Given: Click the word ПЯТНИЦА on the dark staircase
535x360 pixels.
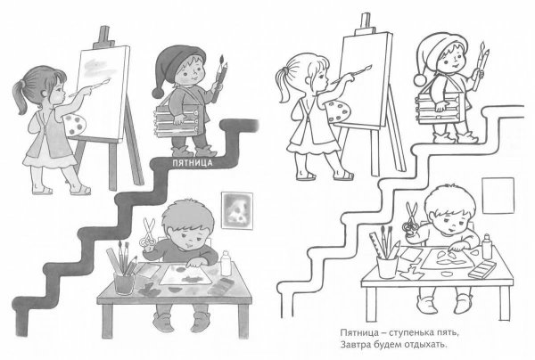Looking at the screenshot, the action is (x=192, y=162).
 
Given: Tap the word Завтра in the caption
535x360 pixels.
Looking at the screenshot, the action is (x=353, y=345).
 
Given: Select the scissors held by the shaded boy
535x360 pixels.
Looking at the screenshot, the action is (x=148, y=233).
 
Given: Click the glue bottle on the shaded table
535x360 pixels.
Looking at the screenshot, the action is (x=226, y=263).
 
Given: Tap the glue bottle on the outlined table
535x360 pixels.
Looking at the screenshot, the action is (x=487, y=246).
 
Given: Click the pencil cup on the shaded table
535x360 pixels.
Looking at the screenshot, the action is (x=124, y=283).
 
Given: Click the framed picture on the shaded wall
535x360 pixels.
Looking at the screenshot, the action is (x=237, y=210).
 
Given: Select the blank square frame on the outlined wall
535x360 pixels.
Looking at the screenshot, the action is (x=498, y=196).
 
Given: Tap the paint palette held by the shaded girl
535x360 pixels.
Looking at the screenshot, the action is (x=74, y=126).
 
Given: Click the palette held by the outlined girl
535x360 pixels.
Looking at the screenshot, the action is (x=337, y=111).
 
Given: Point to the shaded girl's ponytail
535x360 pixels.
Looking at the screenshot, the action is (x=21, y=96).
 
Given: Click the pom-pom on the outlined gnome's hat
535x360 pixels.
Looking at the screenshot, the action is (x=420, y=79).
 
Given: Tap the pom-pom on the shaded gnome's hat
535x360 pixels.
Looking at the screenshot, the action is (x=159, y=93).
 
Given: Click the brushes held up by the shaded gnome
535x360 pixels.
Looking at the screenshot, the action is (x=219, y=78).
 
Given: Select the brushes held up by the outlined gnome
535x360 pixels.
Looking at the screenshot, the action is (x=481, y=65).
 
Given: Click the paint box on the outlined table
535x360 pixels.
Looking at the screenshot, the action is (x=481, y=270).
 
